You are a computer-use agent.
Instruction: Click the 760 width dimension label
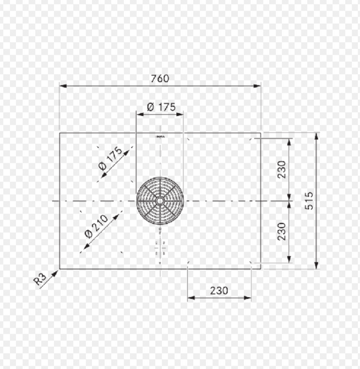(160, 78)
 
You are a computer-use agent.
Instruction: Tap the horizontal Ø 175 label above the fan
(161, 107)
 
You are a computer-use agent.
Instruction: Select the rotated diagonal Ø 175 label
(110, 158)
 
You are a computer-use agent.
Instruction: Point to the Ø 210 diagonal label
(96, 226)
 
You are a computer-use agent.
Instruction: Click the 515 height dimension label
(309, 201)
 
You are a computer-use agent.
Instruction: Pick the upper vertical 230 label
(282, 169)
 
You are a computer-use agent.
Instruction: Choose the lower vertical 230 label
(282, 232)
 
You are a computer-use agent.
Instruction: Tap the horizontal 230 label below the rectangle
(219, 291)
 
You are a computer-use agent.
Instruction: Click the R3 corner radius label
(39, 279)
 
